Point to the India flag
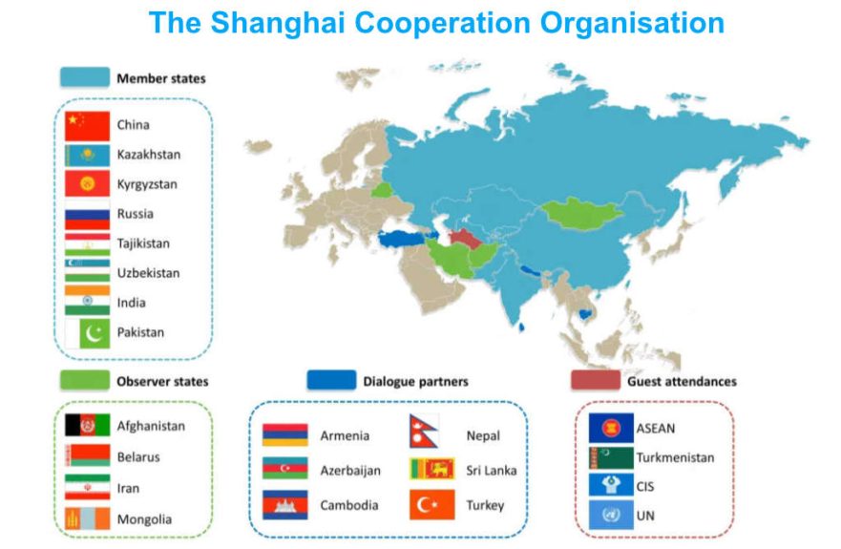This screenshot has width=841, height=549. (x=87, y=303)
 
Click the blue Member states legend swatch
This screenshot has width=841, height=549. (x=83, y=77)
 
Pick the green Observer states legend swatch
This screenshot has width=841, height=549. (x=82, y=381)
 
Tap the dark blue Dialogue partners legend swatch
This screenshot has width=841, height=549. (x=330, y=381)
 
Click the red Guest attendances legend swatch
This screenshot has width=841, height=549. (x=595, y=381)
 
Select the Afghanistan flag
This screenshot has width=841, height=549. (x=87, y=426)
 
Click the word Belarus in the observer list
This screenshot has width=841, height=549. (x=138, y=456)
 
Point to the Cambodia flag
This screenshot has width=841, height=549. (x=284, y=505)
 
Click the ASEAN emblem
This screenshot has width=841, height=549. (x=609, y=428)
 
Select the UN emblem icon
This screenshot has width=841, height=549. (x=609, y=516)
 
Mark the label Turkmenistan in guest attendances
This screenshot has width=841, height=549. (x=675, y=457)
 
